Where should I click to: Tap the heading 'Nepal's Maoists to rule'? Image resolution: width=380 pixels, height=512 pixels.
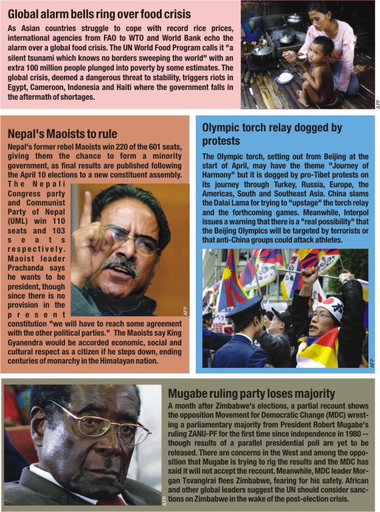62,134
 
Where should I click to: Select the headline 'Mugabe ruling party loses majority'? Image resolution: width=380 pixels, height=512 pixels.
251,393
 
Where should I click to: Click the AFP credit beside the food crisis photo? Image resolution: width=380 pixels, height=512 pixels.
377,103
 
